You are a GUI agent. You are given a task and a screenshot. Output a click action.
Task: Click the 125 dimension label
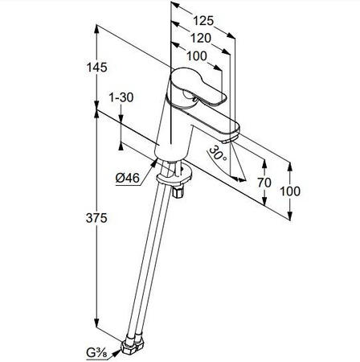(203, 21)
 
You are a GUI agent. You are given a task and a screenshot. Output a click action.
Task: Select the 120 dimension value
(201, 39)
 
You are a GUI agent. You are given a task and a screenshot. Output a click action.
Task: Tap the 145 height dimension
(96, 68)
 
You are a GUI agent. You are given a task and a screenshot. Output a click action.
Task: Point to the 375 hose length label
(96, 218)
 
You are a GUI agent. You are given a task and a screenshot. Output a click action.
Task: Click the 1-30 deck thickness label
(121, 97)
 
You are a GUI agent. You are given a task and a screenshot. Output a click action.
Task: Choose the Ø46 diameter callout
(128, 178)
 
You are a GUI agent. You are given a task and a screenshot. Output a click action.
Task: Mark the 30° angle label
(218, 154)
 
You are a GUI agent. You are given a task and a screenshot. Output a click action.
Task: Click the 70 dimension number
(264, 183)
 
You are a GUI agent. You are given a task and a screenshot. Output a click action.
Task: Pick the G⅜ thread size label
(96, 353)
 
